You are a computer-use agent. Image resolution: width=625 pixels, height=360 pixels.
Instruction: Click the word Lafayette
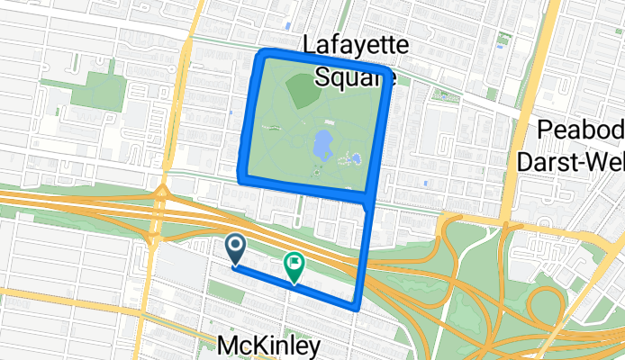click(356, 45)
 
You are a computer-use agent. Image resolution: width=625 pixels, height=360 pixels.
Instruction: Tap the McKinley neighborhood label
click(268, 346)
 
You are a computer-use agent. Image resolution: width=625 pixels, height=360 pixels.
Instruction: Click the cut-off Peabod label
click(580, 130)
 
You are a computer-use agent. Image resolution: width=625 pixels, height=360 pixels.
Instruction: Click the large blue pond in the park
click(321, 143)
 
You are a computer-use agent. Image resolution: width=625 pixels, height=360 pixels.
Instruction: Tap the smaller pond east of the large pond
click(355, 160)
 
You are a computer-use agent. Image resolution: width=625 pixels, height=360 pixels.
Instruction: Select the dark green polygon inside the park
click(302, 88)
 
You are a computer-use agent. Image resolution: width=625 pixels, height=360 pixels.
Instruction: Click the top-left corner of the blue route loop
click(261, 57)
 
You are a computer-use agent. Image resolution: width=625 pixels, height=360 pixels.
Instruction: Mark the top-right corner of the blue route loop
click(389, 71)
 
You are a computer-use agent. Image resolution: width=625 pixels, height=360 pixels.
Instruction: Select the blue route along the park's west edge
click(251, 117)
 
